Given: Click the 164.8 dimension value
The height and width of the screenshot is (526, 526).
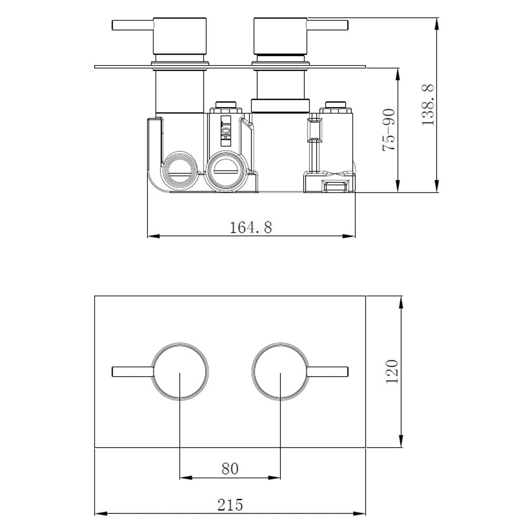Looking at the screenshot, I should click(251, 227).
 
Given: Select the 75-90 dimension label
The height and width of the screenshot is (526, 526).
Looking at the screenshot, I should click(389, 130).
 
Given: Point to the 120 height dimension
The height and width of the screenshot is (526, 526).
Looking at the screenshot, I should click(392, 371).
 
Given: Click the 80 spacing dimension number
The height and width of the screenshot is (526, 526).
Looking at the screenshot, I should click(230, 468).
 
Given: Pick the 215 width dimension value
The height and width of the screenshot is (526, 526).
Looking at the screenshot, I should click(230, 505).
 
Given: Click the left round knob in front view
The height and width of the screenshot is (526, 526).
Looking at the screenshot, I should click(180, 371).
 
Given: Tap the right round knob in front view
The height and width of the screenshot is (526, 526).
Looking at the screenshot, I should click(280, 371).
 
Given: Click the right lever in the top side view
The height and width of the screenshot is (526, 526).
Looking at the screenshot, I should click(327, 25).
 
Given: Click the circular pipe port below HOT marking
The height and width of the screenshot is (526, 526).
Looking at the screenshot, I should click(227, 171).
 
